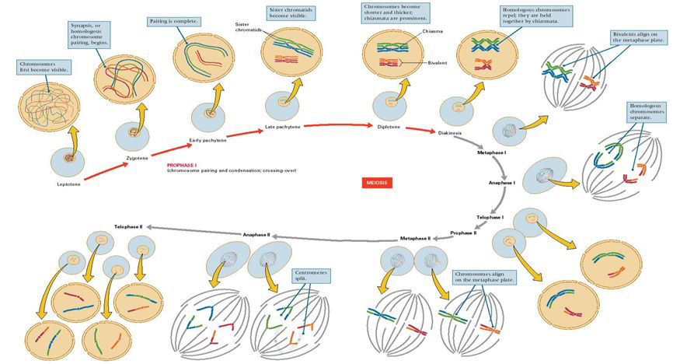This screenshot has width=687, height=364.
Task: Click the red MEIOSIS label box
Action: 378,183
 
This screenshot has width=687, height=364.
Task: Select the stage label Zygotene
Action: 137,158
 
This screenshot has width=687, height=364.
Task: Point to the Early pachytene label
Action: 207,140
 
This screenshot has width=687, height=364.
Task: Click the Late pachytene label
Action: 281,128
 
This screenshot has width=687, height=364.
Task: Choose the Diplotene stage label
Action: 389,126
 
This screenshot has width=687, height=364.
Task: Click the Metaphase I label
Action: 492,153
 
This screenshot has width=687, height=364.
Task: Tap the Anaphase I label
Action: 501,182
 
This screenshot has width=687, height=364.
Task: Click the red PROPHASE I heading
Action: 183,165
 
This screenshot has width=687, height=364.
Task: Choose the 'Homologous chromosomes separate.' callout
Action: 647,113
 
